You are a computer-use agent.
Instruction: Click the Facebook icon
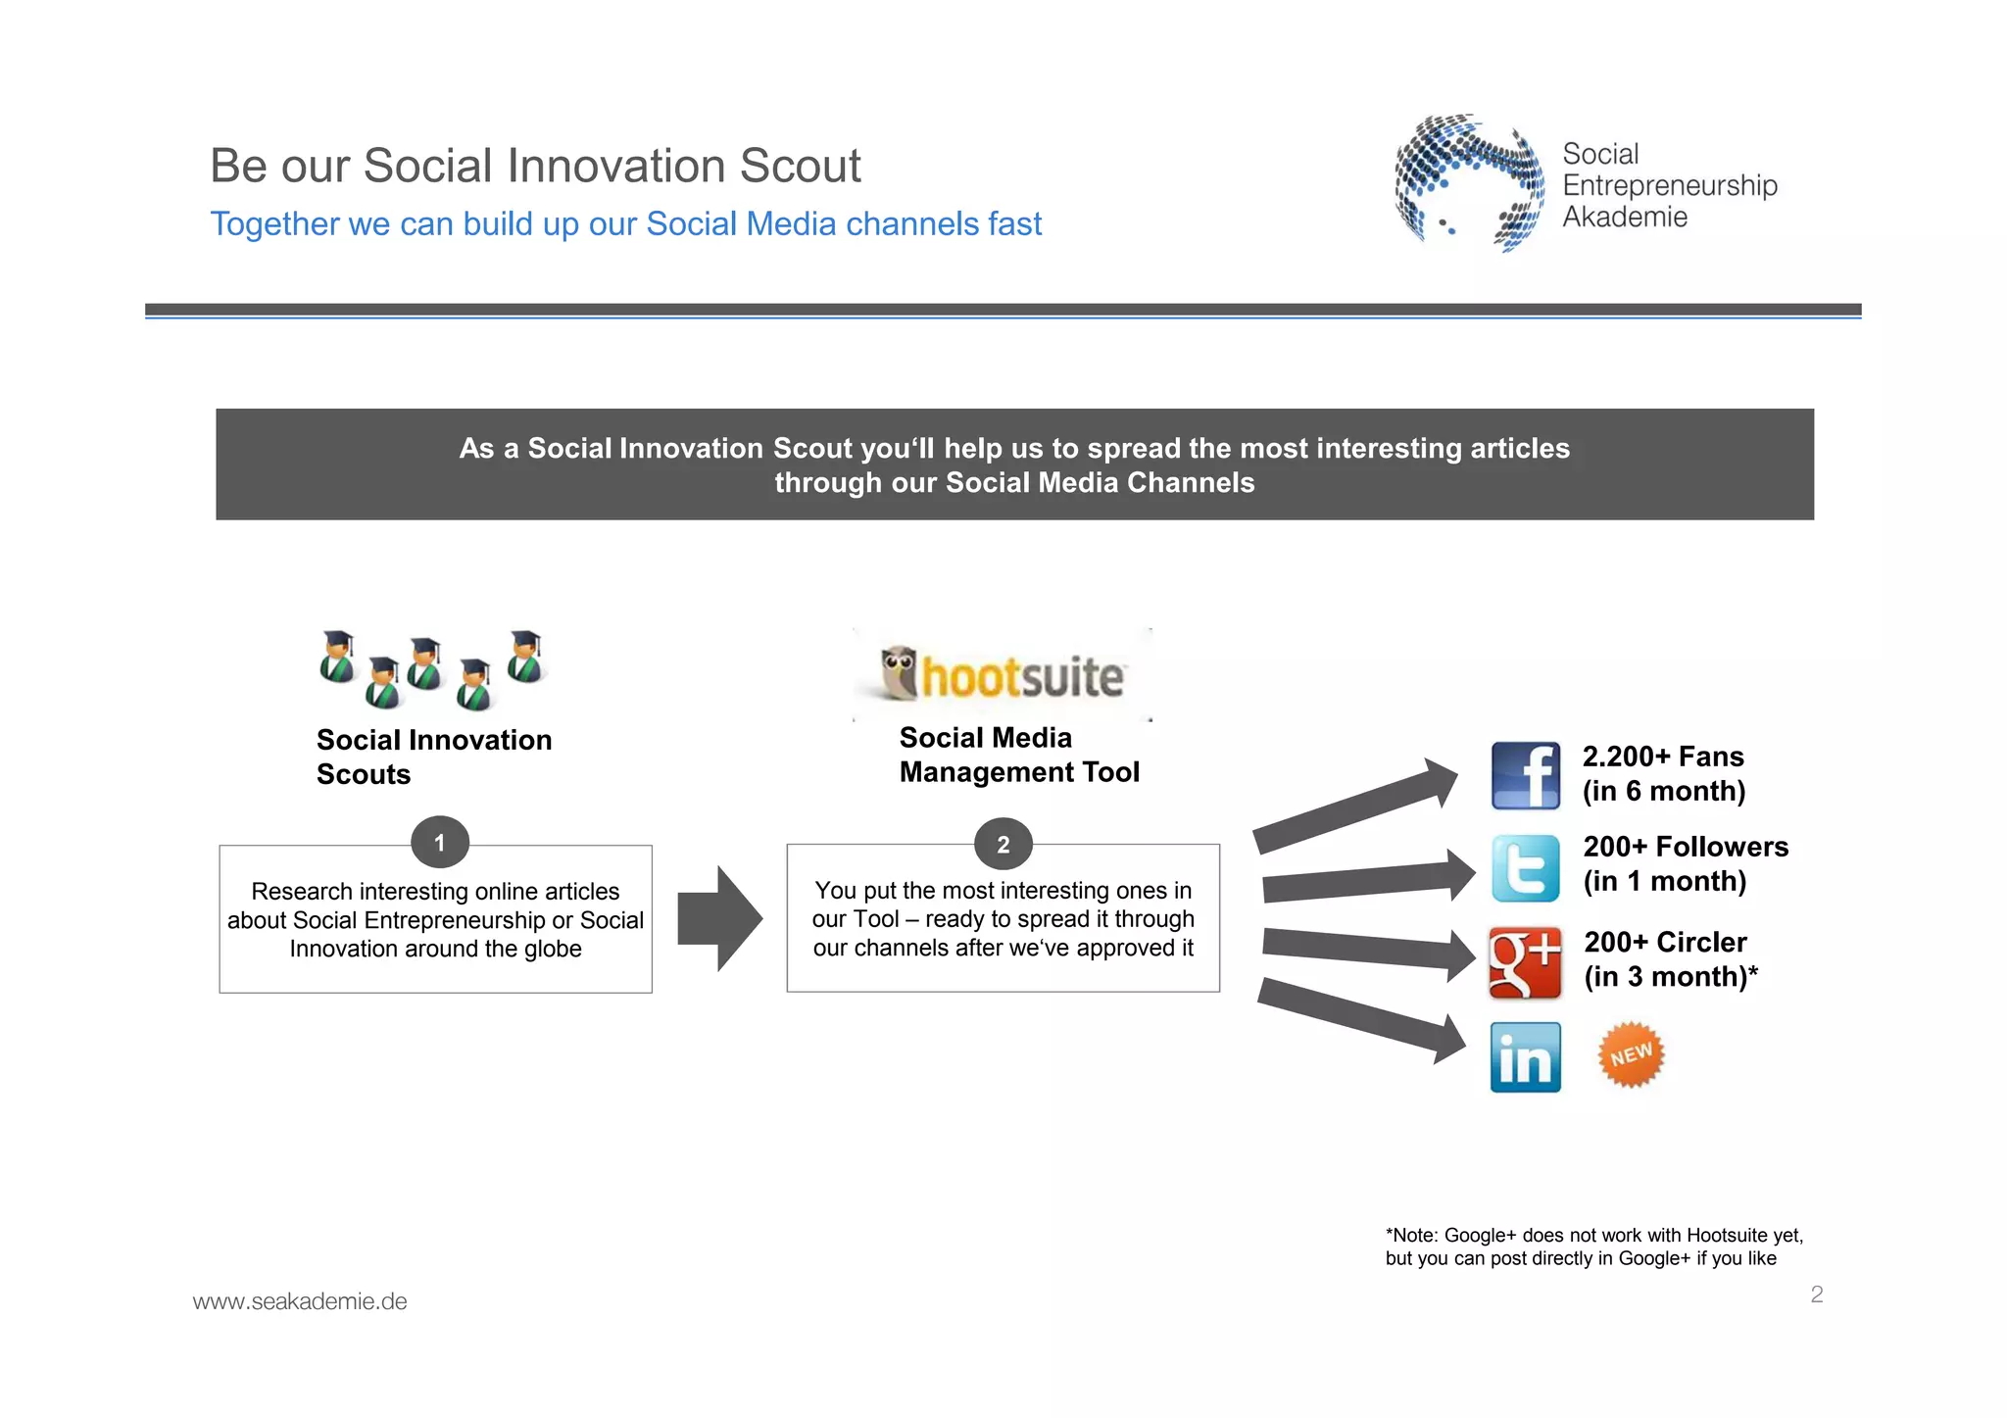pos(1525,775)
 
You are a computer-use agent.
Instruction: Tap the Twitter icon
pos(1525,868)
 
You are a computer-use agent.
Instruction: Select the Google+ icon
pos(1525,962)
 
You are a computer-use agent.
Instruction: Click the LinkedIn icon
pos(1525,1057)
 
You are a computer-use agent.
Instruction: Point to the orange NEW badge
pos(1631,1055)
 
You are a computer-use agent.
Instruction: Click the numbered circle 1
pos(439,843)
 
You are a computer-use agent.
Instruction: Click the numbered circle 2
pos(1003,845)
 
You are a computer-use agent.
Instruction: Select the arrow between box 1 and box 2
pos(720,919)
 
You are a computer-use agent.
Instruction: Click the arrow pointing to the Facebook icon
pos(1357,805)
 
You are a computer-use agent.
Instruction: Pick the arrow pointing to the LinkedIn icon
pos(1362,1020)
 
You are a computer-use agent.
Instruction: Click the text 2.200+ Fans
pos(1663,757)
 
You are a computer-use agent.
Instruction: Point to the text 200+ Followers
pos(1686,847)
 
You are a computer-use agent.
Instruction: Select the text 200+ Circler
pos(1665,942)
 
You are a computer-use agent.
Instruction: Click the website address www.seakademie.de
pos(300,1301)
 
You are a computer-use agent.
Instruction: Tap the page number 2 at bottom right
pos(1816,1295)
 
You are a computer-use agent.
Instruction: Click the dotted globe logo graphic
pos(1467,181)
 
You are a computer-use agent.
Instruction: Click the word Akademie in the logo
pos(1624,217)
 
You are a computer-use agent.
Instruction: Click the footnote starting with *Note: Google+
pos(1593,1247)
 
